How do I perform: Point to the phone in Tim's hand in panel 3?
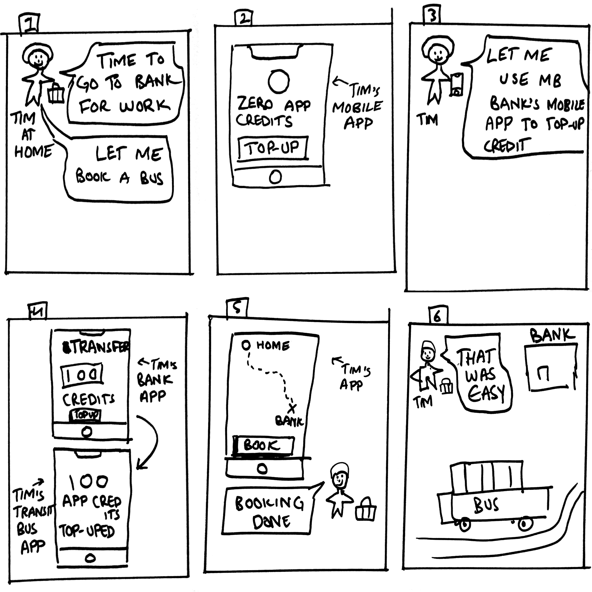[x=456, y=84]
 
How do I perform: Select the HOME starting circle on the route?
[x=246, y=345]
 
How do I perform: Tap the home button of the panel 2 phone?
[x=275, y=177]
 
